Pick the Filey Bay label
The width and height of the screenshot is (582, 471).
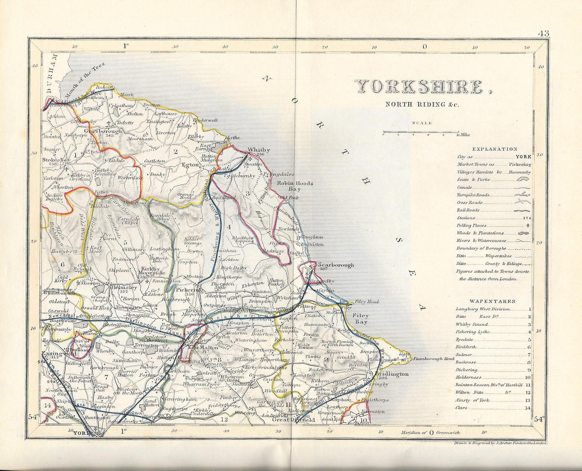point(360,319)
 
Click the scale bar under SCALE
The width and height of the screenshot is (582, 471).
point(420,132)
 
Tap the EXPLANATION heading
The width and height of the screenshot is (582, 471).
point(494,149)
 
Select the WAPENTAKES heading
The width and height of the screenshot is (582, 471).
point(492,301)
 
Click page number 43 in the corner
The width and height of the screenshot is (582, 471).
point(543,34)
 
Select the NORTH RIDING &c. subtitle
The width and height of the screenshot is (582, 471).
point(422,104)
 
